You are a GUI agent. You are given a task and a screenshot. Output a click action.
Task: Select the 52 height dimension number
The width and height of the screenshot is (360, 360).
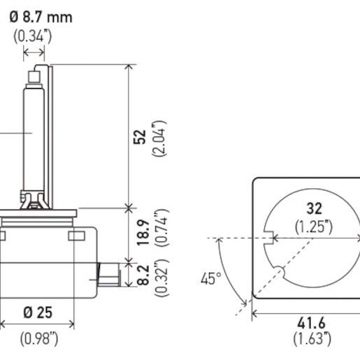click(140, 136)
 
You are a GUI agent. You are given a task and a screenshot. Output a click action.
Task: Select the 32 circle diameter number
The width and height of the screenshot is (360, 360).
click(313, 208)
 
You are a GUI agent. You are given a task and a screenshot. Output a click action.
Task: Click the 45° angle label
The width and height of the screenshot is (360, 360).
click(210, 279)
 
